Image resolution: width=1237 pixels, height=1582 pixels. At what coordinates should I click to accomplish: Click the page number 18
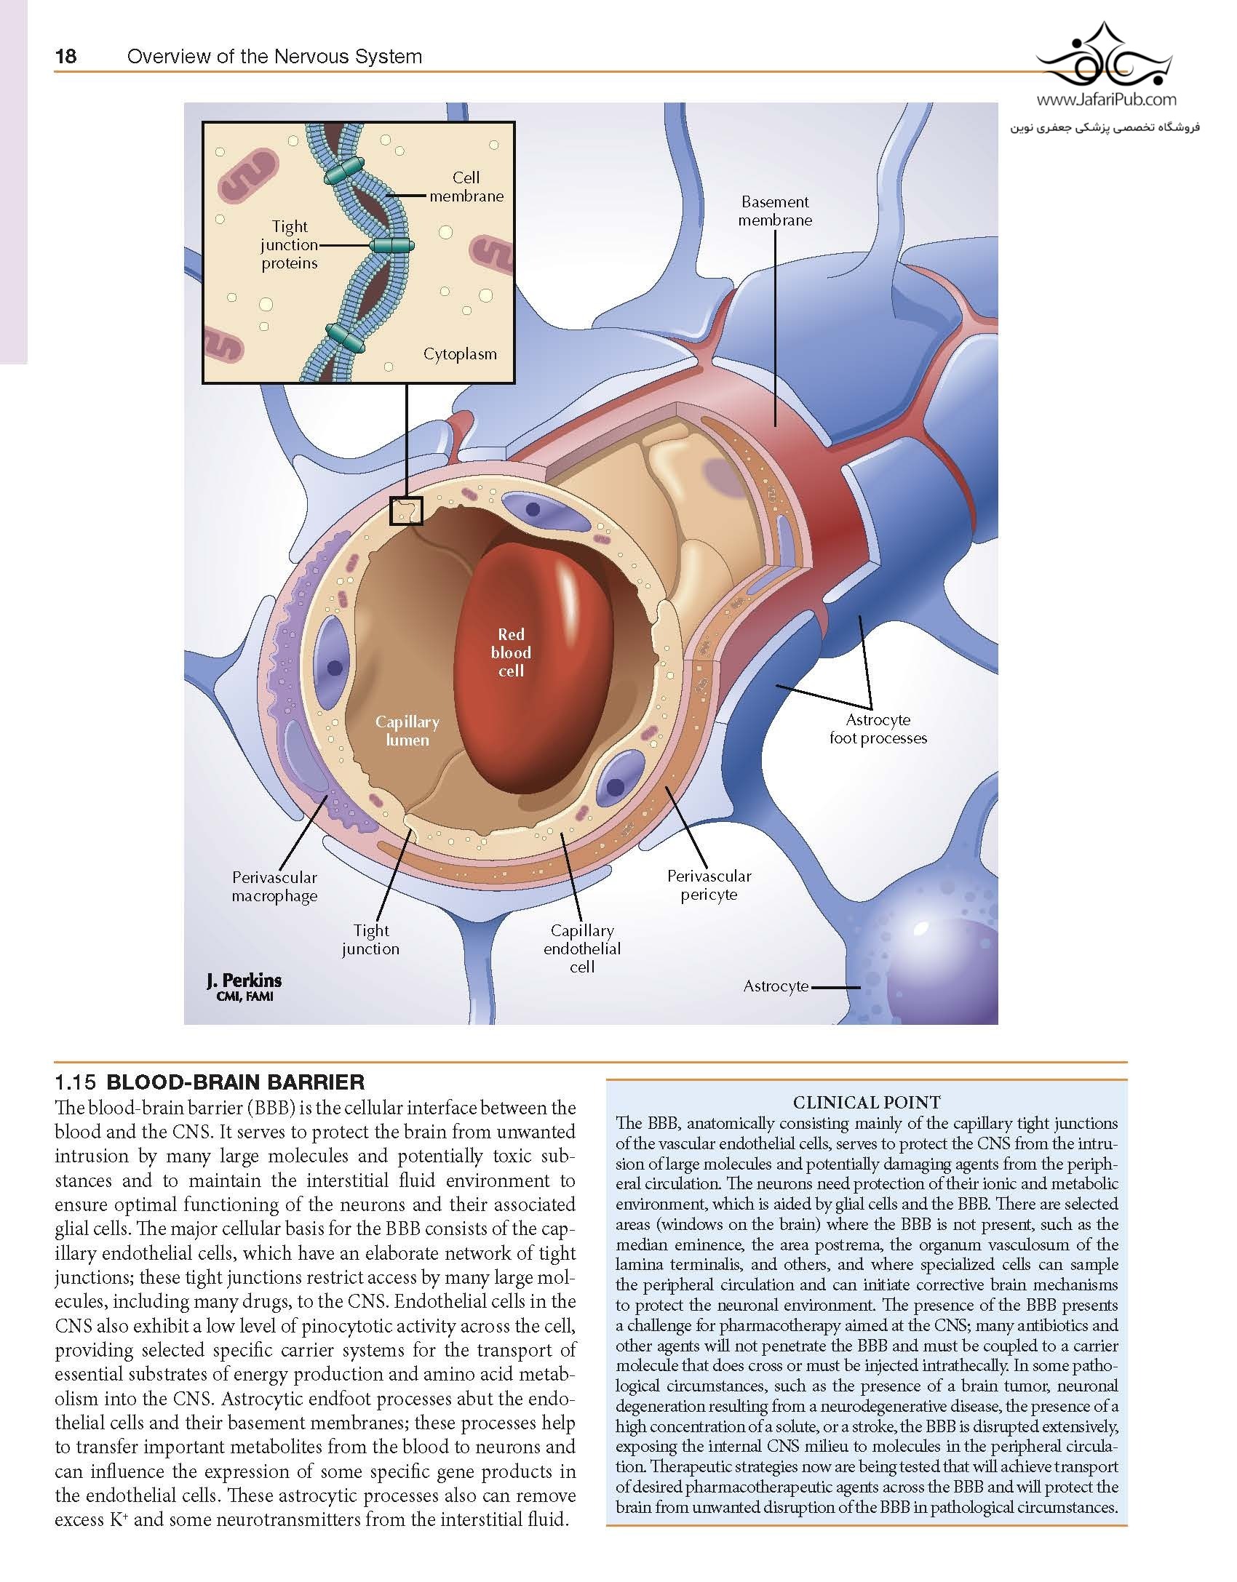pos(65,56)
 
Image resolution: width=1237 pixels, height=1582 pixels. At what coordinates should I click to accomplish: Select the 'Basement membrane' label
pos(775,211)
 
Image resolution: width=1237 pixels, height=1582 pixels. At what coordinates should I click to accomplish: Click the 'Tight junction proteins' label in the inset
pos(290,245)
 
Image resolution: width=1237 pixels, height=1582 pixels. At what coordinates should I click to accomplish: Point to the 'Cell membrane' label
pos(466,186)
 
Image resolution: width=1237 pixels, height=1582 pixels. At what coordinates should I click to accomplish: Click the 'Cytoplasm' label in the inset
pos(460,354)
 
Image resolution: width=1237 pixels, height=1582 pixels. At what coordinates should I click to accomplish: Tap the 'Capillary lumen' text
pos(407,731)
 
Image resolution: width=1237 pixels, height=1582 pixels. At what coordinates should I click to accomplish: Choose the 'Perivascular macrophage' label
pos(274,887)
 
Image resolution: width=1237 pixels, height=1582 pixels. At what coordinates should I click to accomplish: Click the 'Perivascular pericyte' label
pos(709,885)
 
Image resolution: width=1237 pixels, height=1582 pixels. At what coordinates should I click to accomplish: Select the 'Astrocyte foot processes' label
pos(878,729)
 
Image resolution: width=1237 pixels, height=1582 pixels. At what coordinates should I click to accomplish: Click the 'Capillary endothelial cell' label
pos(582,948)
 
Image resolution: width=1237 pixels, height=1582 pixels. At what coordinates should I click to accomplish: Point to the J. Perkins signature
pos(244,986)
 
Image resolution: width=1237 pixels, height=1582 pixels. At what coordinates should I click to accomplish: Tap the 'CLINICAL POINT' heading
pos(867,1102)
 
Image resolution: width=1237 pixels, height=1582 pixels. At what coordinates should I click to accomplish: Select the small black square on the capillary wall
pos(406,511)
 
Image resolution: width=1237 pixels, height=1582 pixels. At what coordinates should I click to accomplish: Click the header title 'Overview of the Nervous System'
pos(274,56)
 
